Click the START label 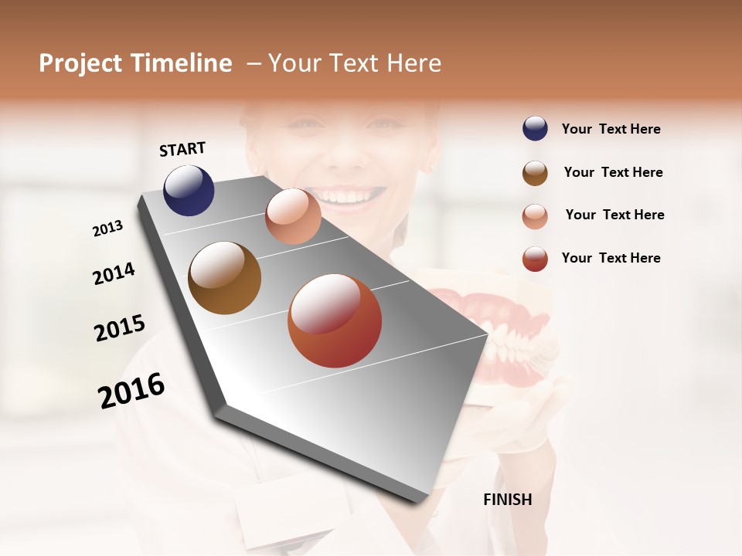point(182,149)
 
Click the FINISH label point(507,500)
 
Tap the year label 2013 point(107,229)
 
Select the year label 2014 point(114,273)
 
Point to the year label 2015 point(120,328)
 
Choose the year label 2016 point(131,391)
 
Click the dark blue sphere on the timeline point(189,190)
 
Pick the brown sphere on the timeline point(224,278)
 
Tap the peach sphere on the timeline point(293,216)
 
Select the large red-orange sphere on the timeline point(335,320)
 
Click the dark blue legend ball point(535,129)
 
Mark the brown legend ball point(535,172)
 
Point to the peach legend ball point(535,215)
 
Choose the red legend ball point(535,259)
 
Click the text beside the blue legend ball point(611,129)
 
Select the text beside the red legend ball point(611,258)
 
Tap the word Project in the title point(79,63)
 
